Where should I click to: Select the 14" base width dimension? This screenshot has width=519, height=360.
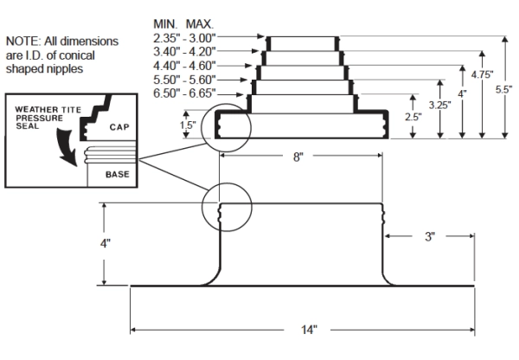point(309,329)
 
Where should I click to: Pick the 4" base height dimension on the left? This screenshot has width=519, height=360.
point(105,243)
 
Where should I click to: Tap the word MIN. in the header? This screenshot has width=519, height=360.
point(164,22)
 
